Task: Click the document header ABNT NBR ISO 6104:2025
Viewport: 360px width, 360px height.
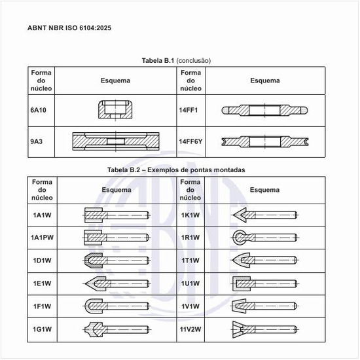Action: (69, 28)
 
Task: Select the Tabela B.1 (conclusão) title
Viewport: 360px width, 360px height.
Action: (176, 61)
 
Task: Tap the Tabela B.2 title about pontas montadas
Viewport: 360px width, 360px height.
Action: (176, 170)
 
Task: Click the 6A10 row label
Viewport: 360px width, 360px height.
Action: (38, 110)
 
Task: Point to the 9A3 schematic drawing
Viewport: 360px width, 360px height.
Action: (116, 141)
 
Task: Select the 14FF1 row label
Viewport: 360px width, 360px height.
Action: (189, 110)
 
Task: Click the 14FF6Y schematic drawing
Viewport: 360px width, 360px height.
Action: (265, 141)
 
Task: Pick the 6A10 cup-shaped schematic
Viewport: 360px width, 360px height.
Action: (115, 109)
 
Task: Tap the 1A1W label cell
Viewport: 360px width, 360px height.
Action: (43, 215)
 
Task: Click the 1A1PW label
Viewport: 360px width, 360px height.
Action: (43, 238)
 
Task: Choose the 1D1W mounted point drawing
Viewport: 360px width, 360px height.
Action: (116, 261)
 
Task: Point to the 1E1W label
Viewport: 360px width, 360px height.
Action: (43, 283)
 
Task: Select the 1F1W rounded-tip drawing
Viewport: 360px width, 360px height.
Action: (116, 306)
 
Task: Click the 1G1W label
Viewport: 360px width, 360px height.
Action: (43, 329)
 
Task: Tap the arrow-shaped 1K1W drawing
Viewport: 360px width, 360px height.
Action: (265, 215)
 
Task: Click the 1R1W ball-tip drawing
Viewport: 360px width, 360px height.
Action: (265, 238)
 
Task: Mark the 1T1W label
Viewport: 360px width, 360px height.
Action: (190, 261)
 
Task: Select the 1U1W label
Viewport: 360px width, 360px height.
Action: (190, 283)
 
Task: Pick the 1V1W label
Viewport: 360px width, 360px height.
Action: (190, 306)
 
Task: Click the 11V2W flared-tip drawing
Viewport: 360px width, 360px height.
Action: (265, 329)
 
